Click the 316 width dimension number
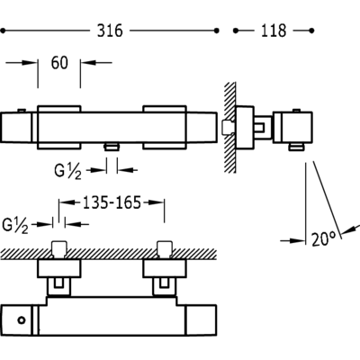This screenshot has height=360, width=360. [x=110, y=31]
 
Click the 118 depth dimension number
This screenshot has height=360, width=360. [x=274, y=31]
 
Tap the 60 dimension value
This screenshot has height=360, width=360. [x=59, y=63]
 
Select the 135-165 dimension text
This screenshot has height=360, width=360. [x=112, y=202]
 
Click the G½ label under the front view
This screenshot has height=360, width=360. [x=67, y=172]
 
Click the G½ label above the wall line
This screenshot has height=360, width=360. [x=15, y=226]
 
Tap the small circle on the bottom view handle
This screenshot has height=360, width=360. [x=21, y=320]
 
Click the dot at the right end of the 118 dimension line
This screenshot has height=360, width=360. [x=311, y=31]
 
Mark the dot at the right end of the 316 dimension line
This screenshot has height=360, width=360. [x=217, y=31]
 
